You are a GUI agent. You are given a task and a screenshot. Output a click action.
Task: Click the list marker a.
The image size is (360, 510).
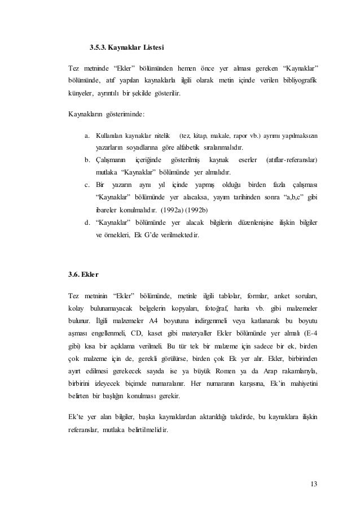[87, 136]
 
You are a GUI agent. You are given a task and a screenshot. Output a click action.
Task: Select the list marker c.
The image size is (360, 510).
[87, 186]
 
